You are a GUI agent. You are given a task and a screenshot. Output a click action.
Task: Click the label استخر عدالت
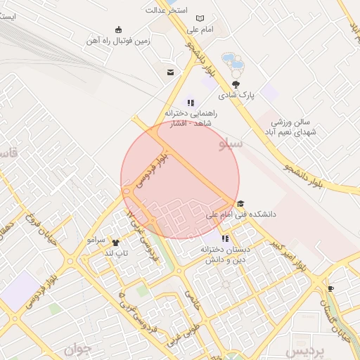[x=165, y=10]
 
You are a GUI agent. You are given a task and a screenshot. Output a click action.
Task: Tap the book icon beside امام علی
[x=200, y=18]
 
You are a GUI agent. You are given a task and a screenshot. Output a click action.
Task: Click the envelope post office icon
[x=170, y=72]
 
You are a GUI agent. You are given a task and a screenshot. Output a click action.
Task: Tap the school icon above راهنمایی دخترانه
[x=191, y=103]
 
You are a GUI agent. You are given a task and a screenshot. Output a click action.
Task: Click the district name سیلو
[x=231, y=145]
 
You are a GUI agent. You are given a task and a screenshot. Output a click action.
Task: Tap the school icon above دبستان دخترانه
[x=225, y=238]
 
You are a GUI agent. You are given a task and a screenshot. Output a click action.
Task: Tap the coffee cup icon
[x=330, y=288]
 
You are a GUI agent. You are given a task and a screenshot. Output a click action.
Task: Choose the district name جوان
[x=79, y=348]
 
